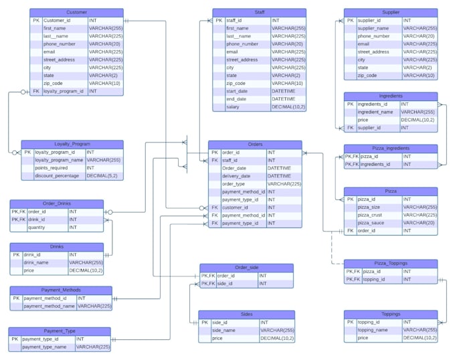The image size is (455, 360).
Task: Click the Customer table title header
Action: [x=76, y=13]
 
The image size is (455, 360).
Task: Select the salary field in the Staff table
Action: [x=233, y=106]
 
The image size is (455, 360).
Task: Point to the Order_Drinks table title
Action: [x=57, y=203]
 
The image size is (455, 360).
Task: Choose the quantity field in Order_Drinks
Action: [x=37, y=228]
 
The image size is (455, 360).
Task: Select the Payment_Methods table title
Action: [x=61, y=290]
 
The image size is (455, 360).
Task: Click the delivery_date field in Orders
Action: [x=236, y=176]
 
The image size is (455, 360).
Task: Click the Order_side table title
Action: [x=246, y=268]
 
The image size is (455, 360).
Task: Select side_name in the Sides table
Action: [x=224, y=331]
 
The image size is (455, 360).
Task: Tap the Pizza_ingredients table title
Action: [x=390, y=148]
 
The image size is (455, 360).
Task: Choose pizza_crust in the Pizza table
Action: [x=371, y=215]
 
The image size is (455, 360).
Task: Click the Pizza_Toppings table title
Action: [x=390, y=264]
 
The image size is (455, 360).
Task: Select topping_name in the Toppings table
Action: [x=373, y=330]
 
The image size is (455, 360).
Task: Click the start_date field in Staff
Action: [x=237, y=91]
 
